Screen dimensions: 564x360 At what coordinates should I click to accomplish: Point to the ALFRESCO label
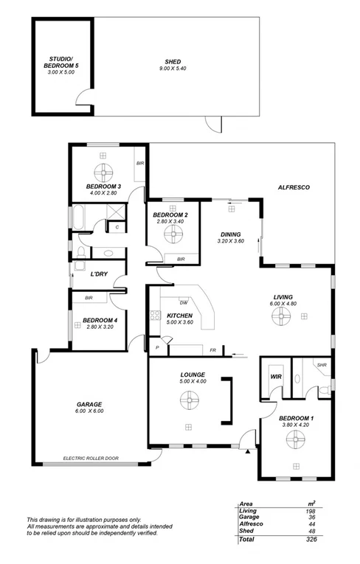point(293,188)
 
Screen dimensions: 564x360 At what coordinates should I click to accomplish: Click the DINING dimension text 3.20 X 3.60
point(230,240)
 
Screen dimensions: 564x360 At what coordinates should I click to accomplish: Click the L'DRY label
point(100,274)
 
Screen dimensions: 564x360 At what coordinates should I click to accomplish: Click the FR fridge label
point(212,349)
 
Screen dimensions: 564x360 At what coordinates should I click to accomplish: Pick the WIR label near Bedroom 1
point(276,376)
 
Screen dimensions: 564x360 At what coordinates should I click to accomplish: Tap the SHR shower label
point(321,365)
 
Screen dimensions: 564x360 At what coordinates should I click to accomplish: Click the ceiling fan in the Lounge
point(189,401)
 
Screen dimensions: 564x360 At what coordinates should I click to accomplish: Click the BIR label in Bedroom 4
point(89,298)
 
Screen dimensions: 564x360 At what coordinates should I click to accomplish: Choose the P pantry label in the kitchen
point(156,347)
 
